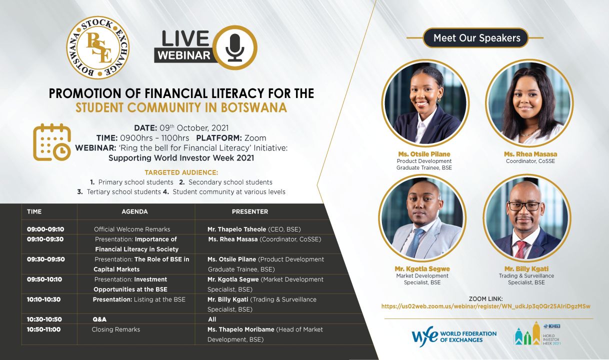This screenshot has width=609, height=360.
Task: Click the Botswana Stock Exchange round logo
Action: (98, 47)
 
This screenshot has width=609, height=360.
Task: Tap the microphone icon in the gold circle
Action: (234, 47)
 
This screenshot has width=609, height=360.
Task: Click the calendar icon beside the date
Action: (52, 142)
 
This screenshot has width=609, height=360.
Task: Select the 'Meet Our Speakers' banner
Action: (476, 38)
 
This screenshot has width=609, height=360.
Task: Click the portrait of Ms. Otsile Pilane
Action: (425, 103)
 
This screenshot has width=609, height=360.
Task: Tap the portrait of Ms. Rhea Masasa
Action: (529, 103)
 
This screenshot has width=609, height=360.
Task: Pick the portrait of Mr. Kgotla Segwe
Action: (422, 218)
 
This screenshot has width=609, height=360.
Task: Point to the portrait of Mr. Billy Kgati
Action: (527, 218)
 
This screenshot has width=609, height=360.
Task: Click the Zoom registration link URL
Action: (486, 306)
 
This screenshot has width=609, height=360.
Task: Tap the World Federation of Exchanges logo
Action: (454, 336)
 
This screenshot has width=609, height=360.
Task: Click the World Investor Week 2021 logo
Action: (537, 333)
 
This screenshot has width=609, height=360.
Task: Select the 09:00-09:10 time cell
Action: (45, 229)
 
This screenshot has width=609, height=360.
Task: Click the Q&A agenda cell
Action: (99, 319)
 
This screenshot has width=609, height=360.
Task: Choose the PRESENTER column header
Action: (250, 211)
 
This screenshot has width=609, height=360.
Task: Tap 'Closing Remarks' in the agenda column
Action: (116, 329)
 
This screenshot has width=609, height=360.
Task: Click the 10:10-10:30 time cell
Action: (43, 299)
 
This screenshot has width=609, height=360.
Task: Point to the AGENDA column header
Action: (134, 211)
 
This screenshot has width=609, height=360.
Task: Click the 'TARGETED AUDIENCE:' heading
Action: (181, 172)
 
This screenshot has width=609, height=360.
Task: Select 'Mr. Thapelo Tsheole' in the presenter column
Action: (236, 229)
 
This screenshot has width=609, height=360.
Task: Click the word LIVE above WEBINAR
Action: (185, 38)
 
